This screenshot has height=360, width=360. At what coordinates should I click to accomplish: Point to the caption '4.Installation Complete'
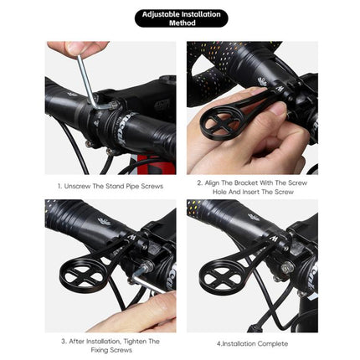click(253, 343)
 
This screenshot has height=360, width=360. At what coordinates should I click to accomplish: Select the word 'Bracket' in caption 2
click(248, 182)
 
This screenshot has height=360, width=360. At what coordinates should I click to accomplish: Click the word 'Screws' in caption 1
click(152, 186)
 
